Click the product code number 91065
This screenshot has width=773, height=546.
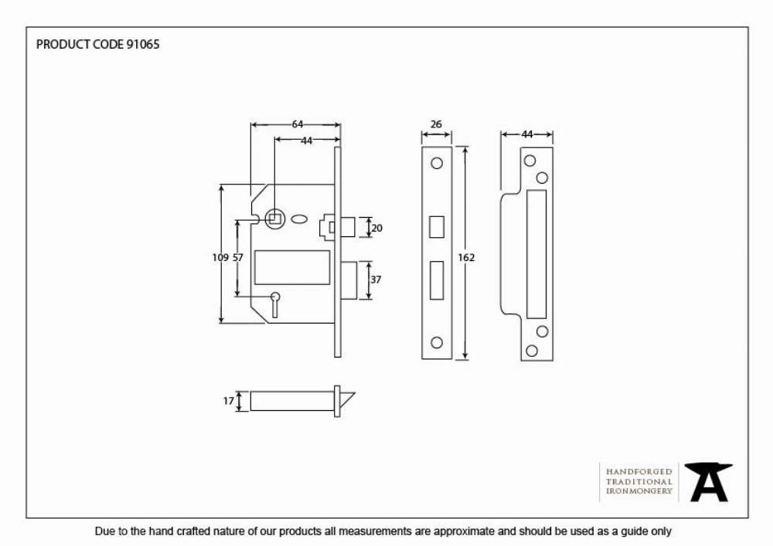(x=143, y=44)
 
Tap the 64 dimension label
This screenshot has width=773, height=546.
(x=298, y=124)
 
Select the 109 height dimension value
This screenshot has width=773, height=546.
(x=220, y=257)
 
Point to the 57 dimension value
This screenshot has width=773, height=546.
(x=237, y=257)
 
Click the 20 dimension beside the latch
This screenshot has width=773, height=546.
(x=376, y=228)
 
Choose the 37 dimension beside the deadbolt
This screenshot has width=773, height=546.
(x=376, y=279)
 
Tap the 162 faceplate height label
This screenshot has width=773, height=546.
(x=466, y=257)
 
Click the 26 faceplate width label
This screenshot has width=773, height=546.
(x=436, y=124)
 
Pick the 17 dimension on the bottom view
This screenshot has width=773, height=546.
(x=228, y=401)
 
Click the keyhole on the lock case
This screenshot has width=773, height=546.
(x=275, y=304)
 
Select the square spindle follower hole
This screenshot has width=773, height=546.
(x=274, y=219)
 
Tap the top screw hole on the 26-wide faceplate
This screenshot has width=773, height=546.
(x=437, y=163)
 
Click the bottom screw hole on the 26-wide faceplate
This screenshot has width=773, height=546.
(x=437, y=342)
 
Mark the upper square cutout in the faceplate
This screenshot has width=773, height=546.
(x=437, y=227)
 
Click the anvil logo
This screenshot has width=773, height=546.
(x=708, y=482)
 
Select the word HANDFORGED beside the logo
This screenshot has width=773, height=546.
(x=639, y=472)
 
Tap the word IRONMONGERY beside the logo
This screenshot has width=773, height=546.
(x=639, y=491)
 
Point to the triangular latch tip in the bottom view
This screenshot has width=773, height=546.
(x=346, y=399)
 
